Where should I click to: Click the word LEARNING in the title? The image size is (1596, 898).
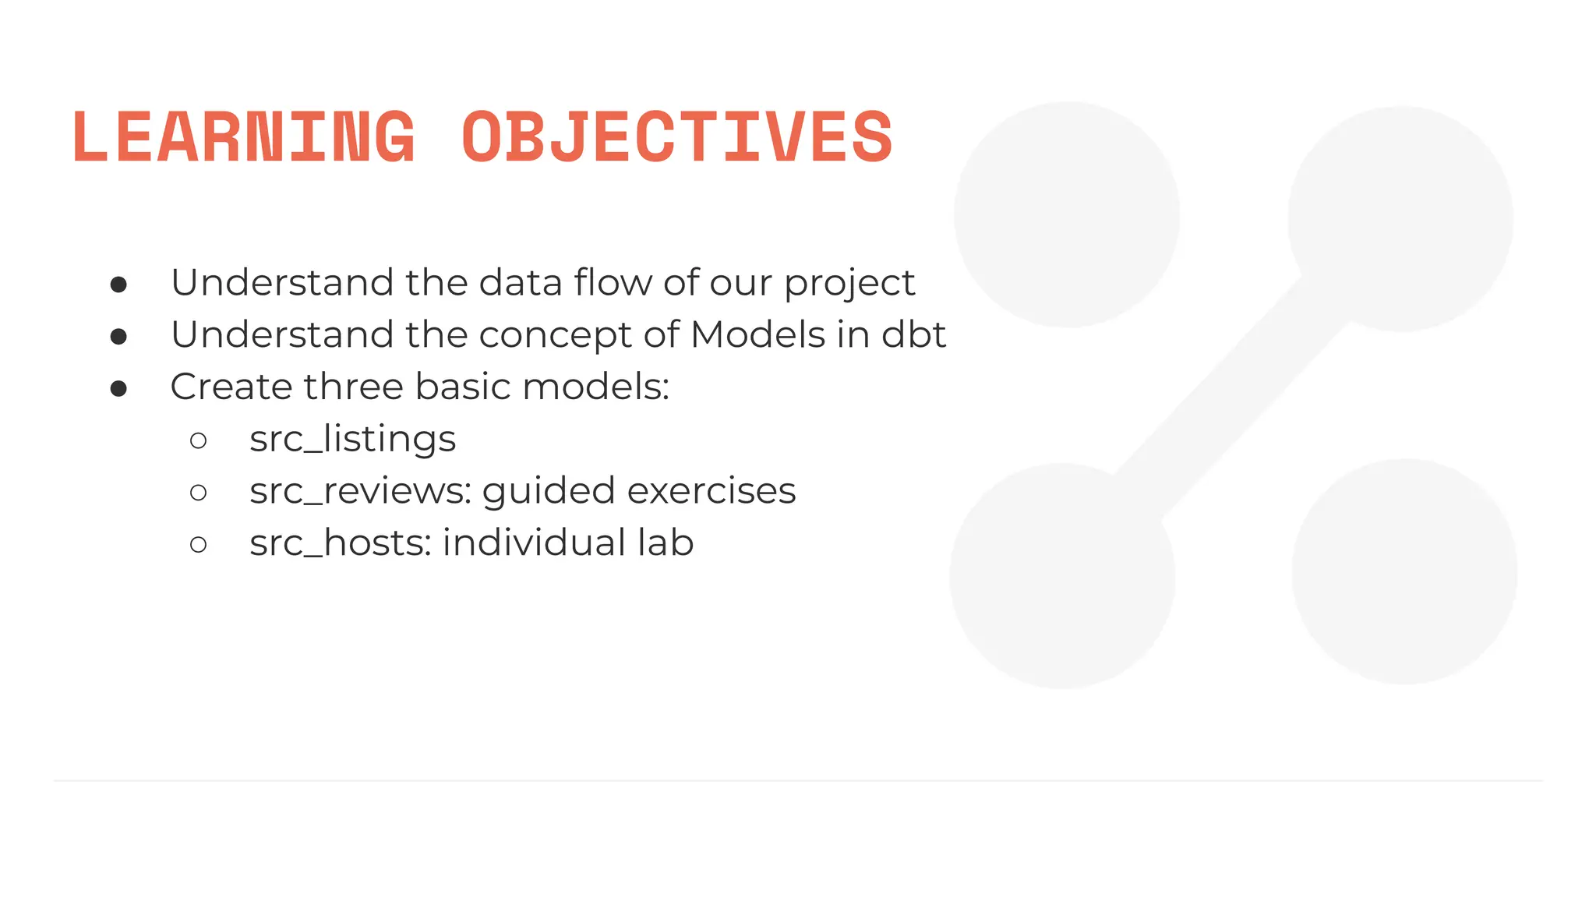[x=244, y=137]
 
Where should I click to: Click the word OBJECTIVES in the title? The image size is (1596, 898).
[x=676, y=137]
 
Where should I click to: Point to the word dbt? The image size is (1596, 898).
[x=913, y=334]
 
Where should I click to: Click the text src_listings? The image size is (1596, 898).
[x=352, y=439]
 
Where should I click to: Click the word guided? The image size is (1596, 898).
[x=549, y=492]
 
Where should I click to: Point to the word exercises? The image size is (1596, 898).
[x=711, y=491]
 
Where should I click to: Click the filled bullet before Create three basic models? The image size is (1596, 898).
[x=118, y=388]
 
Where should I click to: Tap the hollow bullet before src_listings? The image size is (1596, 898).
[x=199, y=441]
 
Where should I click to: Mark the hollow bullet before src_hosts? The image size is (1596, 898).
[x=199, y=545]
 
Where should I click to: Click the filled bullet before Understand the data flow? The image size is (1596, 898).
[x=118, y=285]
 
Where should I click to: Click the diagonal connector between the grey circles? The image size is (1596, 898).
[x=1231, y=398]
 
